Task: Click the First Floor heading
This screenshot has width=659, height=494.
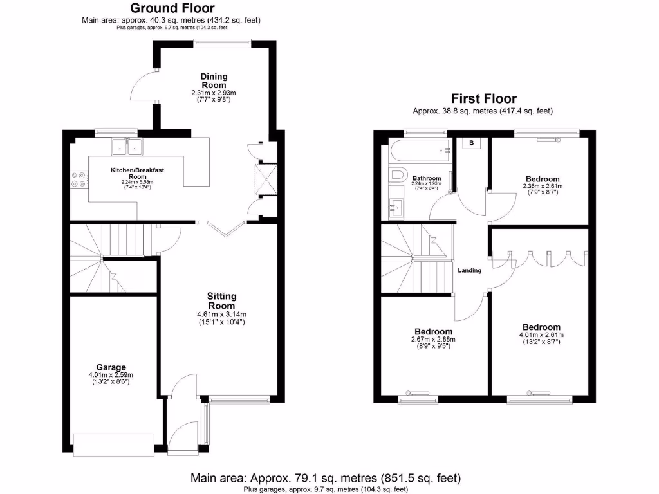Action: pos(483,98)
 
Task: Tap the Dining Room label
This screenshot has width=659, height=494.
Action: pos(214,81)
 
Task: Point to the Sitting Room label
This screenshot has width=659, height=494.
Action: pos(221,300)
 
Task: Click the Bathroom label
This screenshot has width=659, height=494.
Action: pos(427,178)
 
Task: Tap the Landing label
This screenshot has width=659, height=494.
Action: pos(469,270)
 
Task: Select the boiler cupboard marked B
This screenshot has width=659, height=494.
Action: pos(471,143)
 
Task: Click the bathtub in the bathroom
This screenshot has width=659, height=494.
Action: pos(419,151)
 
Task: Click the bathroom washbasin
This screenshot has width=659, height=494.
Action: pos(396,208)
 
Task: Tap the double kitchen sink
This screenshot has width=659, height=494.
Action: pos(127,147)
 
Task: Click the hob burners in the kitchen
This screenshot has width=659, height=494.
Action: pos(79,179)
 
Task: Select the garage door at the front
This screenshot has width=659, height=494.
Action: pos(114,444)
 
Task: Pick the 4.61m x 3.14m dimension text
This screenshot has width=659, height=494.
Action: pos(221,315)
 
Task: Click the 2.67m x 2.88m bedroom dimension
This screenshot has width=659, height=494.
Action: pos(434,339)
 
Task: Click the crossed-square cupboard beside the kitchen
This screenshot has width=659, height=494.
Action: pos(266,178)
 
